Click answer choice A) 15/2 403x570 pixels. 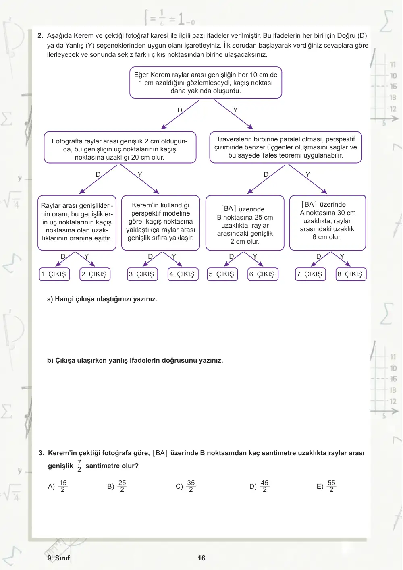coord(58,486)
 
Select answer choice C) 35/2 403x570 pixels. coord(186,486)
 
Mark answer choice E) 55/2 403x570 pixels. coord(326,486)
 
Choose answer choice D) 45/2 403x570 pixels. coord(259,486)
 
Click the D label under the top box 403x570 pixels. coord(180,110)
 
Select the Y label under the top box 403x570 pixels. coord(235,110)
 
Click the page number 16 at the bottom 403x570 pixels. coord(201,558)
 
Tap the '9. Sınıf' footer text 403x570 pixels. coord(58,558)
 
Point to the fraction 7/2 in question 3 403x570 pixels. coord(79,466)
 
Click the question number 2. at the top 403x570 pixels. coord(40,35)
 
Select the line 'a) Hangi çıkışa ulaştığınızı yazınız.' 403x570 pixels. coord(102,299)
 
